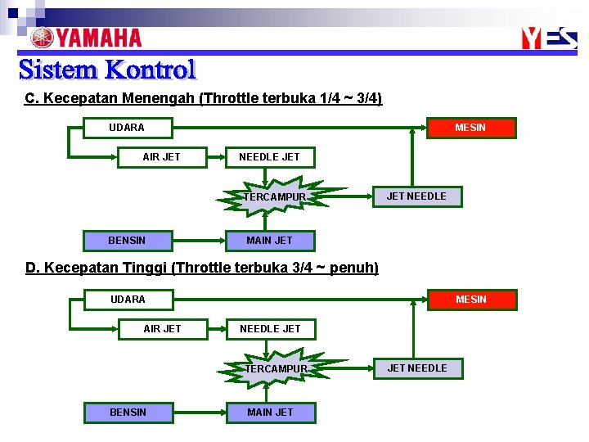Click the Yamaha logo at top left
[x=86, y=38]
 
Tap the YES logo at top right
[x=549, y=38]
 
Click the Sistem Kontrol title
[x=107, y=70]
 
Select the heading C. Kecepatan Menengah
[x=204, y=98]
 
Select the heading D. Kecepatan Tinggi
[x=202, y=268]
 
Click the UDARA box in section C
[x=127, y=128]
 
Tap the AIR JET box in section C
[x=162, y=156]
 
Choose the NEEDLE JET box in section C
[x=269, y=156]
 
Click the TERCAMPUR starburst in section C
[x=275, y=197]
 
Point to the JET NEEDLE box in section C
[x=416, y=196]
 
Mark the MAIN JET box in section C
[x=269, y=241]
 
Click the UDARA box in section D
[x=128, y=300]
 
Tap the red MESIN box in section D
[x=471, y=300]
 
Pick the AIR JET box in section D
[x=163, y=329]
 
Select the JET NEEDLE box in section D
[x=417, y=368]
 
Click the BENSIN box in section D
[x=128, y=413]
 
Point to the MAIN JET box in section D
[x=270, y=413]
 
